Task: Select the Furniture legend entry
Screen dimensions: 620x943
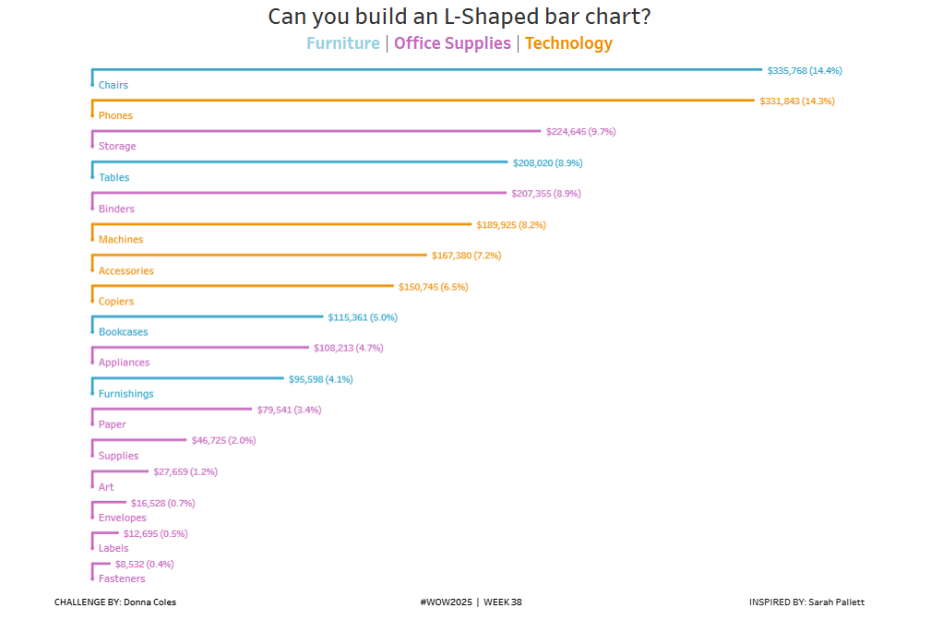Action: point(342,43)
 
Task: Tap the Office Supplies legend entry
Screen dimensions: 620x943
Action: point(452,43)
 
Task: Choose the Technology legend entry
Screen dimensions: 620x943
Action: point(568,43)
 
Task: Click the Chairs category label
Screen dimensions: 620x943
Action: point(113,85)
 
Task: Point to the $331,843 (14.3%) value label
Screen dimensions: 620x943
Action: point(797,101)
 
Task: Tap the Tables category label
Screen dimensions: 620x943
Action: point(114,177)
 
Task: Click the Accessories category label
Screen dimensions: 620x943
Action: point(126,270)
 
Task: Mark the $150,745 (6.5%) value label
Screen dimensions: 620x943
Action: point(433,287)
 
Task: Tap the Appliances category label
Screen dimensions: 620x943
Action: point(124,363)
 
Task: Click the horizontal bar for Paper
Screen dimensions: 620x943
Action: point(172,409)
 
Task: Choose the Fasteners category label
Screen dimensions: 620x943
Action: point(122,578)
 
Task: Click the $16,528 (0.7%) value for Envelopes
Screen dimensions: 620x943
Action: point(162,503)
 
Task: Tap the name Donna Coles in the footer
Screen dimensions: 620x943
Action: point(149,602)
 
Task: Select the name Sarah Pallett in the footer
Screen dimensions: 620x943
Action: point(836,602)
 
